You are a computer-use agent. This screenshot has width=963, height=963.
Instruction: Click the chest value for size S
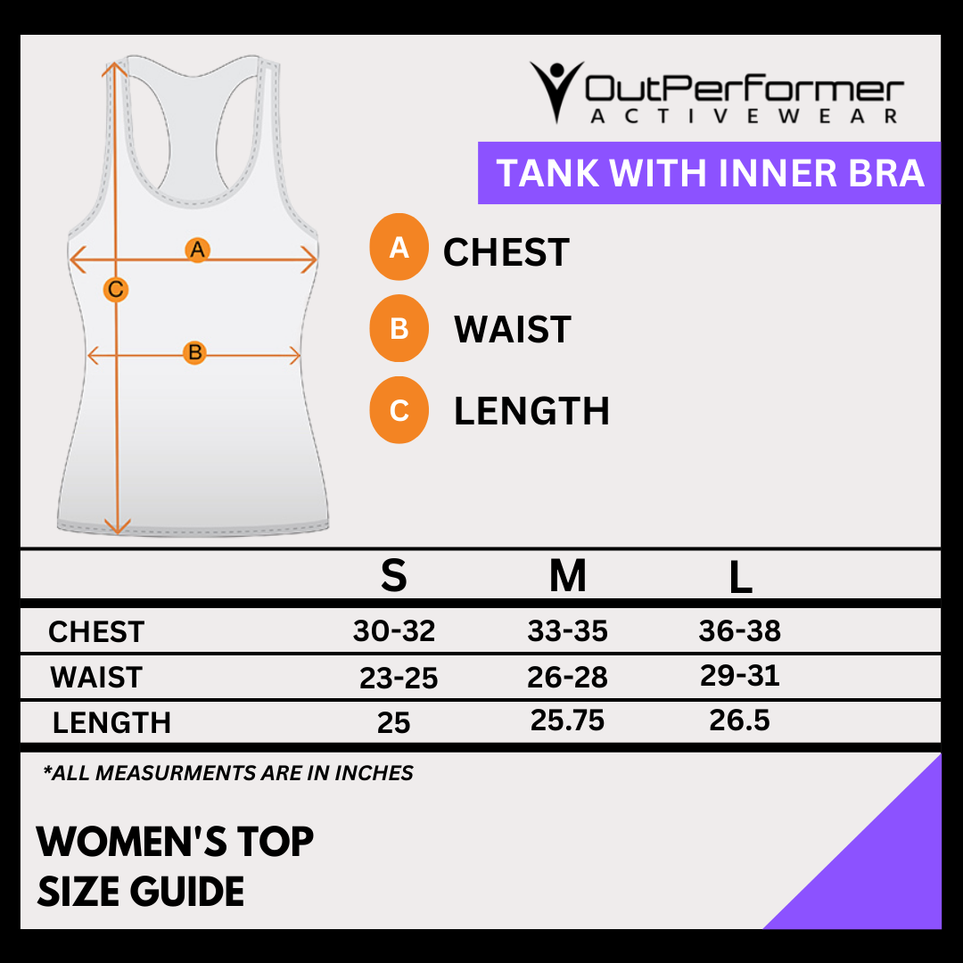394,631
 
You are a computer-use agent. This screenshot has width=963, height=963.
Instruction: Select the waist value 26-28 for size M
567,678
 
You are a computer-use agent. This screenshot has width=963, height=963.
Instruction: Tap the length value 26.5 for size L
739,720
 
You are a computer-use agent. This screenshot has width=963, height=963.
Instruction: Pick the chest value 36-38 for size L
739,631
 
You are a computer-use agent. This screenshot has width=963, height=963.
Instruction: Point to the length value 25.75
567,720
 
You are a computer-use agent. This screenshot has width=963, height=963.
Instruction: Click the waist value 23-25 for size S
399,679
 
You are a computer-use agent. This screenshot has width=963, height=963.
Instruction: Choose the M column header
568,577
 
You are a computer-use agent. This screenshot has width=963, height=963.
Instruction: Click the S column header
393,577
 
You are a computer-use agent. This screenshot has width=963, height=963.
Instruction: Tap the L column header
740,579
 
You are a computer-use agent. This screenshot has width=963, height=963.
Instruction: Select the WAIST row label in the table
96,678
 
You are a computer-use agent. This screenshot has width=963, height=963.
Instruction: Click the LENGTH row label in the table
111,722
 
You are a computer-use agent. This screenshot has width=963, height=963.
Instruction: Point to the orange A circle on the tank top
197,250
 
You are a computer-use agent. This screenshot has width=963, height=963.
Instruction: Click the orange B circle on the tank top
194,352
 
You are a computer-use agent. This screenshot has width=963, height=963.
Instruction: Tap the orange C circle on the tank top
116,289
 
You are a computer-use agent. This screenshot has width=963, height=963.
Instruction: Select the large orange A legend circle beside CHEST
399,247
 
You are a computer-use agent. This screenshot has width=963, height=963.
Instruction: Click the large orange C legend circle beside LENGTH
399,411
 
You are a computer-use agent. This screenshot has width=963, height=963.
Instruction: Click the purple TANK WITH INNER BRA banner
709,173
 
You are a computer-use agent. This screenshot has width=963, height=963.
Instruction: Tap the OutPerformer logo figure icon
556,89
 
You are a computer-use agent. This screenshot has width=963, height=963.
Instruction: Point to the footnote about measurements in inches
228,773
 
